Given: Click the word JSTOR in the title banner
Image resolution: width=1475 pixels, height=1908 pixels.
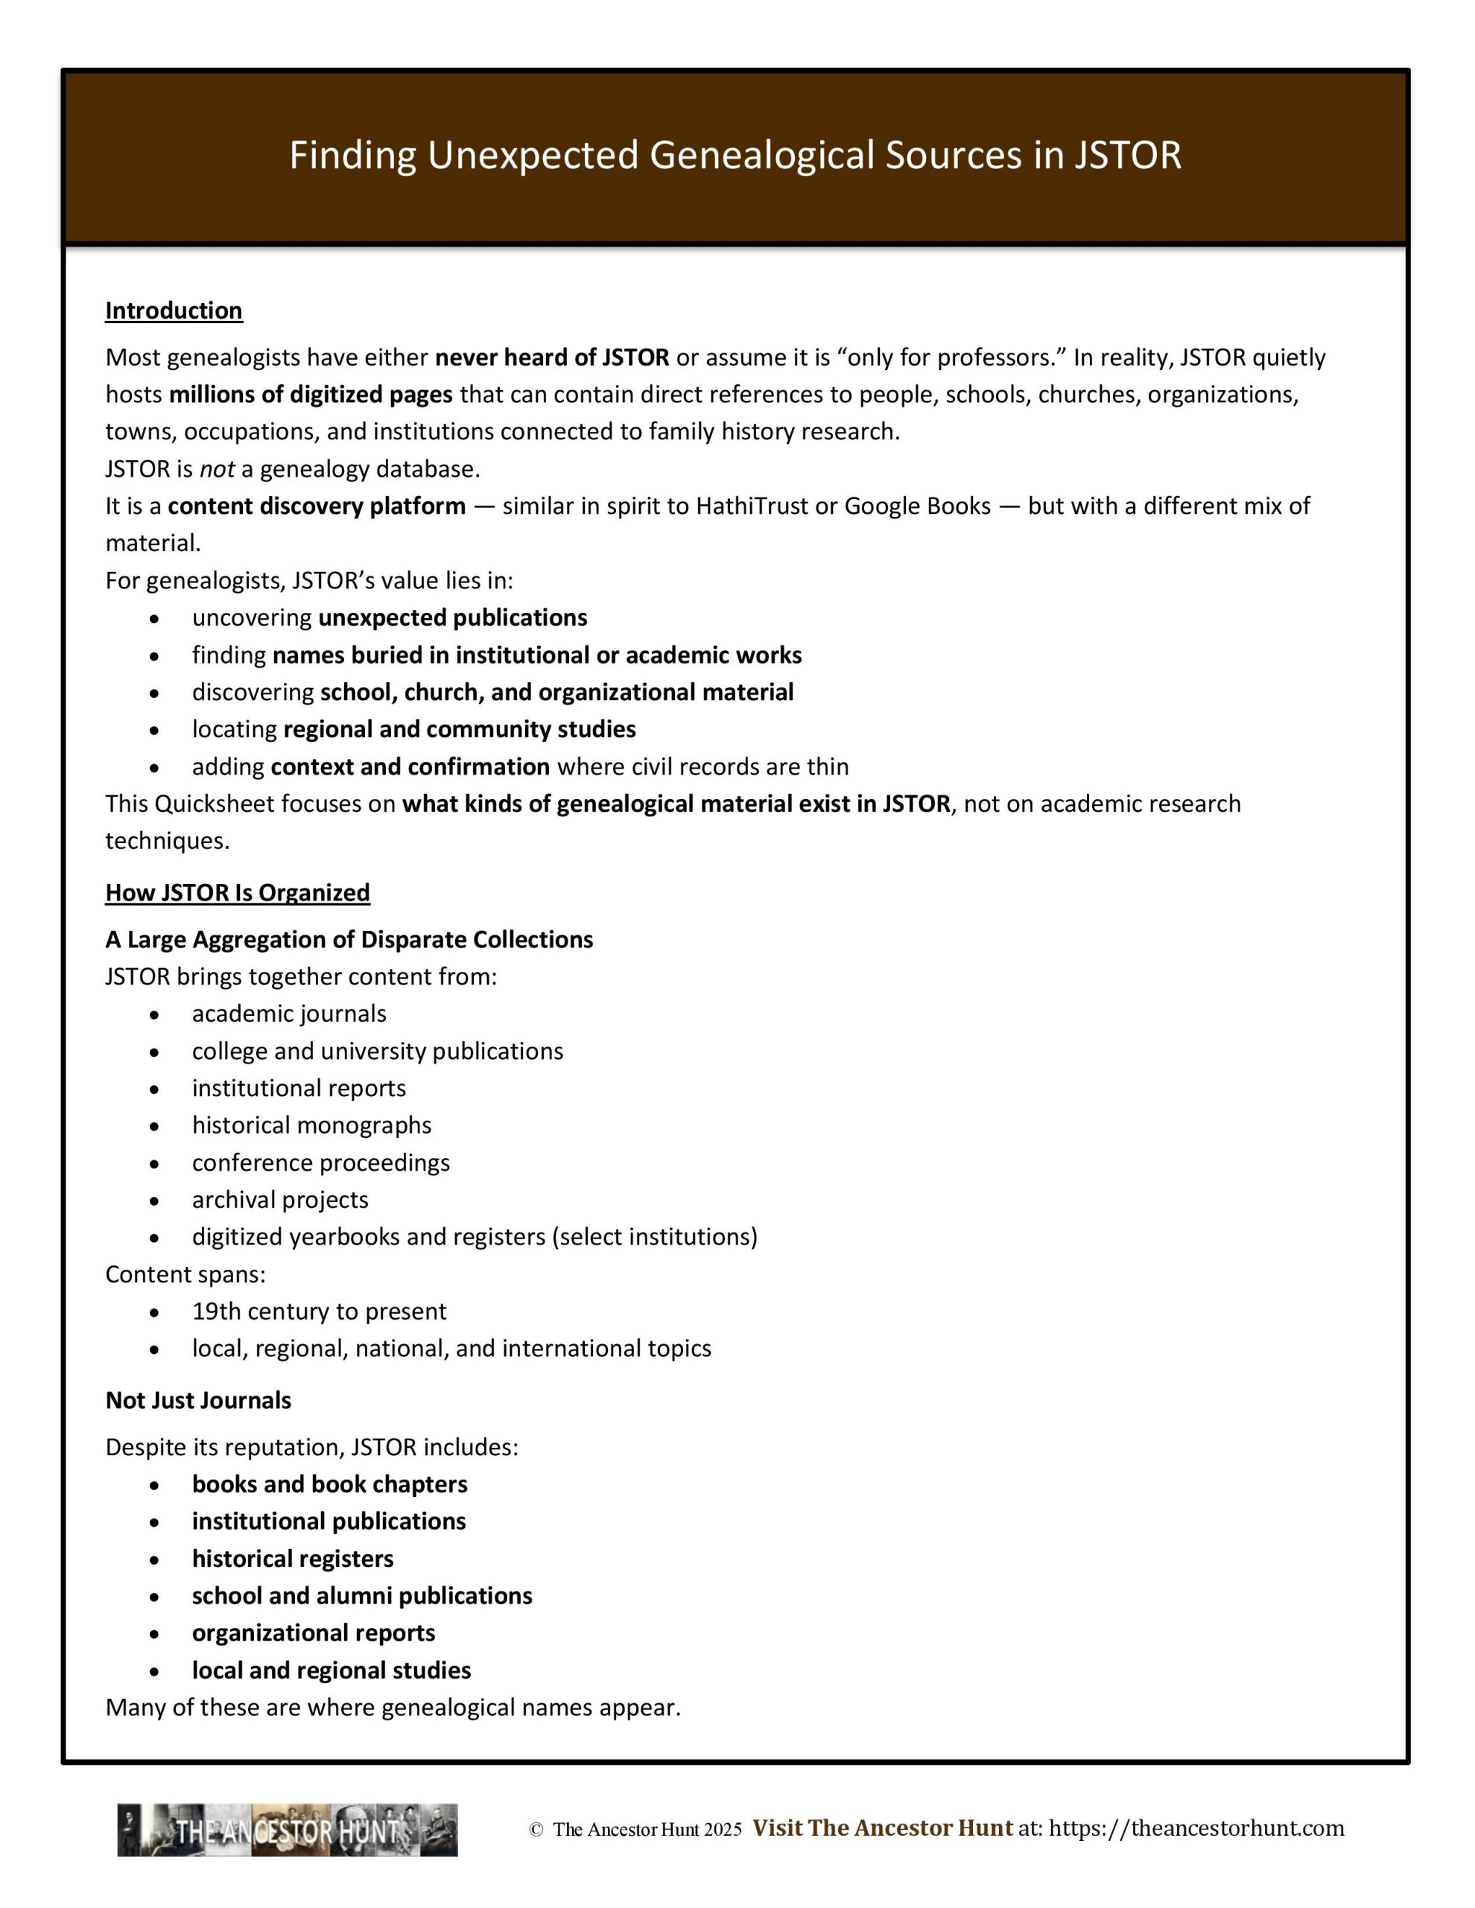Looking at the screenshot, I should coord(1127,156).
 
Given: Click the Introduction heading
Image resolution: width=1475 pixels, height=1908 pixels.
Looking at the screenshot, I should coord(174,311).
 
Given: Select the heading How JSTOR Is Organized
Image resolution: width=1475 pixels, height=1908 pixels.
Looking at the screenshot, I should coord(238,893).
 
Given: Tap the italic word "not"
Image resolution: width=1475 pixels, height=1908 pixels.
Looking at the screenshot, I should coord(217,470).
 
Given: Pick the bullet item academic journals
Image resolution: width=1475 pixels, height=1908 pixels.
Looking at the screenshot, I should coord(289,1014).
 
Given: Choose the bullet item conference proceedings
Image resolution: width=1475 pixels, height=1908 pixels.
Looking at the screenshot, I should coord(320,1163).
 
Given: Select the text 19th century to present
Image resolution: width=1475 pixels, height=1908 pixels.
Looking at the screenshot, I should coord(319,1312).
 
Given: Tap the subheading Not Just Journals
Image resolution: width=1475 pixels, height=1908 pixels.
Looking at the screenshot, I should coord(198,1402).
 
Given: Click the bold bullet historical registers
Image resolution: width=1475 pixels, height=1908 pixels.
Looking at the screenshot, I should coord(293,1559).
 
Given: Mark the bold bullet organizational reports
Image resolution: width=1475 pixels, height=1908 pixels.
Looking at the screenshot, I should coord(314,1634).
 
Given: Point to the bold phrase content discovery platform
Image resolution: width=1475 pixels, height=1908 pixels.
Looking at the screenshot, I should coord(317,506).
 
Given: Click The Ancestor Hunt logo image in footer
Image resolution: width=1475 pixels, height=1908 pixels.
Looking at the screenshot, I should coord(288,1831).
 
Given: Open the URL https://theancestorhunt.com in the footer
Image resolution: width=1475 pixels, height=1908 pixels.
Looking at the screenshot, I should coord(1196,1828).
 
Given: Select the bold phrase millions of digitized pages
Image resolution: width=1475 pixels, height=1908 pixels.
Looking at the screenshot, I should coord(310,395).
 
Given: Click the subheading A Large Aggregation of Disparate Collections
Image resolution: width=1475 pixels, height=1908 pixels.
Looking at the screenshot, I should coord(349,940).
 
